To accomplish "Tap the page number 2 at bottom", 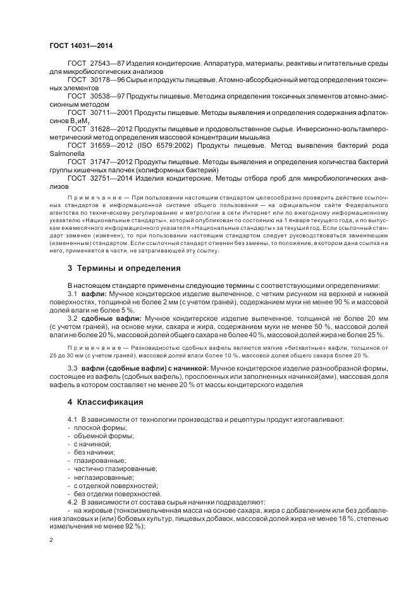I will [51, 539].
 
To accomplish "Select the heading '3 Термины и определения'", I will [124, 268].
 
